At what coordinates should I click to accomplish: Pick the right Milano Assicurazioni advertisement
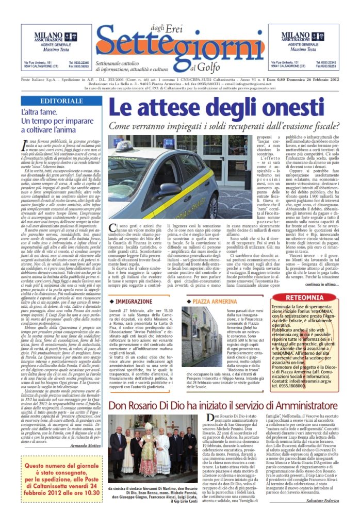coord(309,49)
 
